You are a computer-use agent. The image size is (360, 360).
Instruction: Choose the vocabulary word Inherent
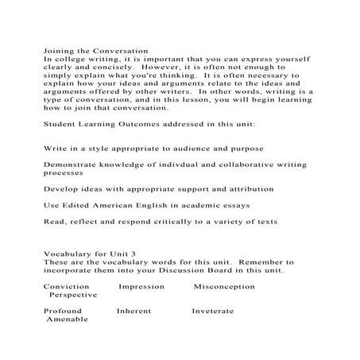pyautogui.click(x=134, y=311)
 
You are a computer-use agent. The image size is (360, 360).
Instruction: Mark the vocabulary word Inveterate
pyautogui.click(x=213, y=311)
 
